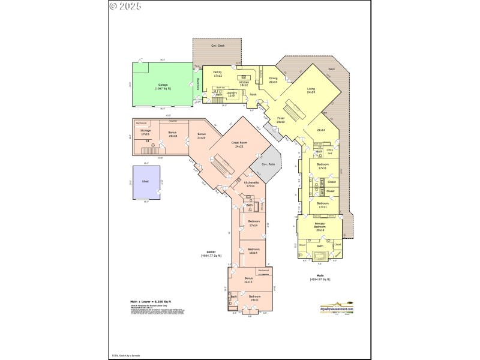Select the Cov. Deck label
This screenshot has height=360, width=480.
coord(217,46)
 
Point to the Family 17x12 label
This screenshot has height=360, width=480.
coord(217,74)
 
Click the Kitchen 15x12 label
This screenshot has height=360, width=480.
coord(244,84)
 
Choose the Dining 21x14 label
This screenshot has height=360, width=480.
coord(273,80)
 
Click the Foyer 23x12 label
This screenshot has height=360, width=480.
coord(280,121)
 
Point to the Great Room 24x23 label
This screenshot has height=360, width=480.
coord(238,145)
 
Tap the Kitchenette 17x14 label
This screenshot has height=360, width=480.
coord(251,184)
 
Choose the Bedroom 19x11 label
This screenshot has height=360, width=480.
coord(254,297)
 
